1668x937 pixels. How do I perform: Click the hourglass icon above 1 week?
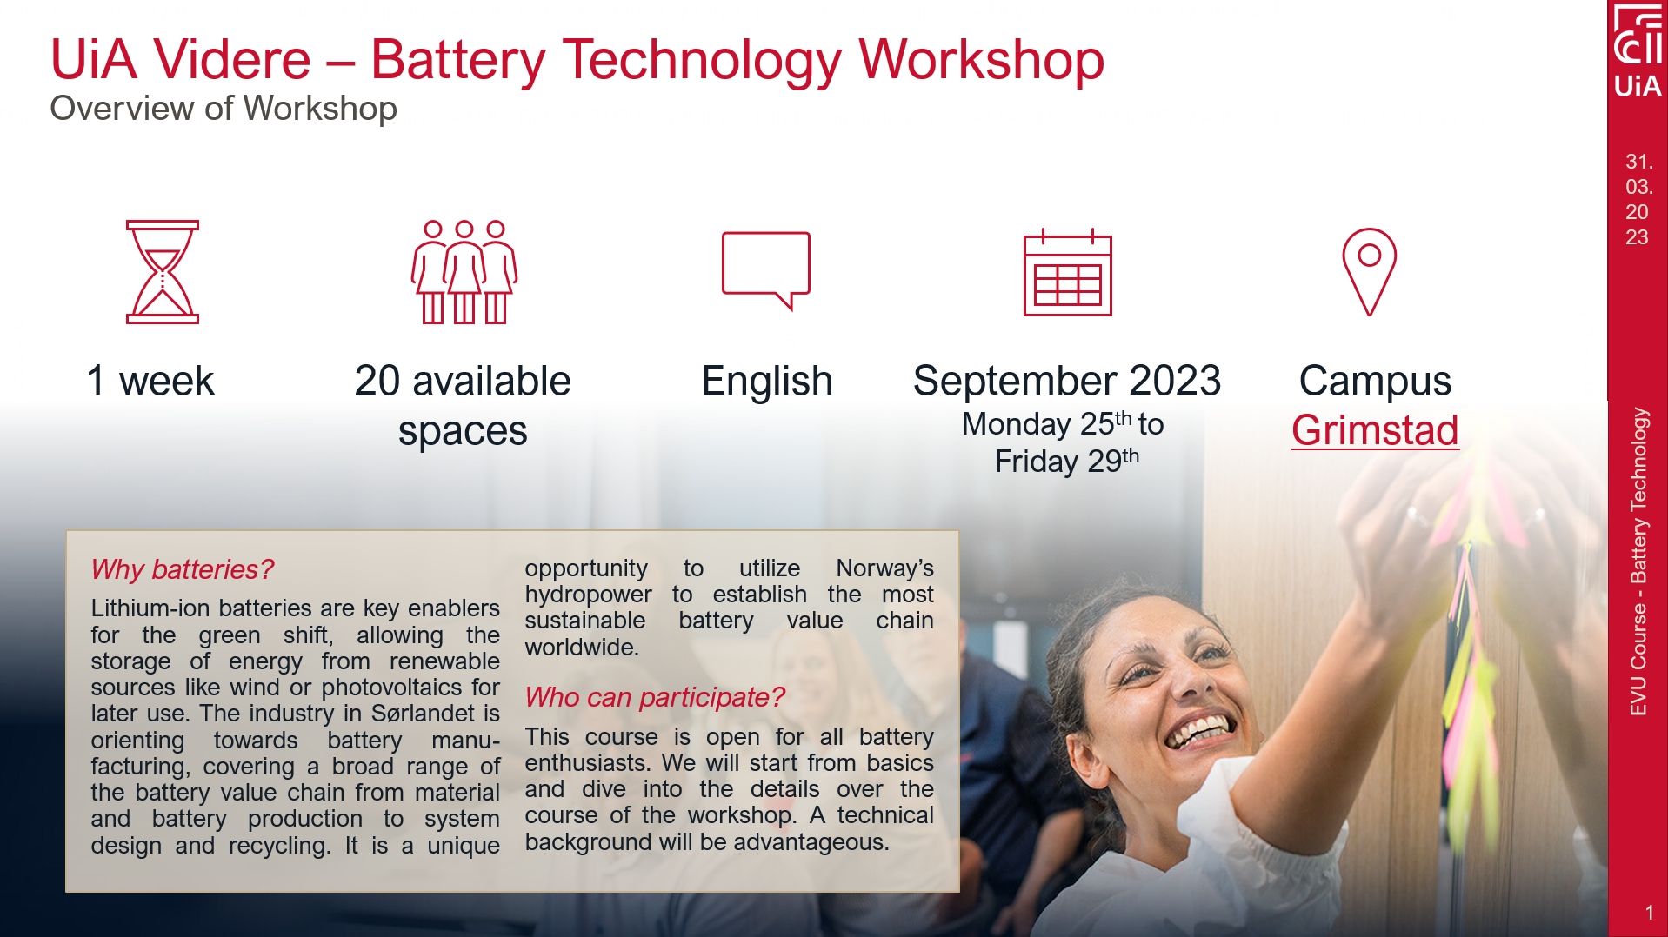(163, 271)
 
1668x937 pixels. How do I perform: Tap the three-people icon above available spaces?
(464, 271)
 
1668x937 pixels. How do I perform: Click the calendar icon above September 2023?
(1067, 273)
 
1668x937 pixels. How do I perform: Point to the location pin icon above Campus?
(1369, 271)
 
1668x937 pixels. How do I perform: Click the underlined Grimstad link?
(1375, 430)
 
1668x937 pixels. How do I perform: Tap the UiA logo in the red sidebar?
(1638, 52)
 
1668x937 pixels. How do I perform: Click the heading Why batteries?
(183, 569)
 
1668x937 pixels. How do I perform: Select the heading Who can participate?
(654, 697)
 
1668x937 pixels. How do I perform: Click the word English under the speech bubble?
(767, 381)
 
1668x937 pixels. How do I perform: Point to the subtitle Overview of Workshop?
(224, 109)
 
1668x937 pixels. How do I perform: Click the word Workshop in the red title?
(981, 60)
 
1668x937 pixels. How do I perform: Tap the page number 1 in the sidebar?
(1649, 913)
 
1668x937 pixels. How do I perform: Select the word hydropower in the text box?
(588, 595)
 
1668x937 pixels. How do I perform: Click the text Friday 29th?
(1066, 461)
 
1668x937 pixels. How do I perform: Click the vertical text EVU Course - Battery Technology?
(1638, 562)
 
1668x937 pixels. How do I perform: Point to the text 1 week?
(150, 381)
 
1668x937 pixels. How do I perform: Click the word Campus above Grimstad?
(1375, 381)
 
